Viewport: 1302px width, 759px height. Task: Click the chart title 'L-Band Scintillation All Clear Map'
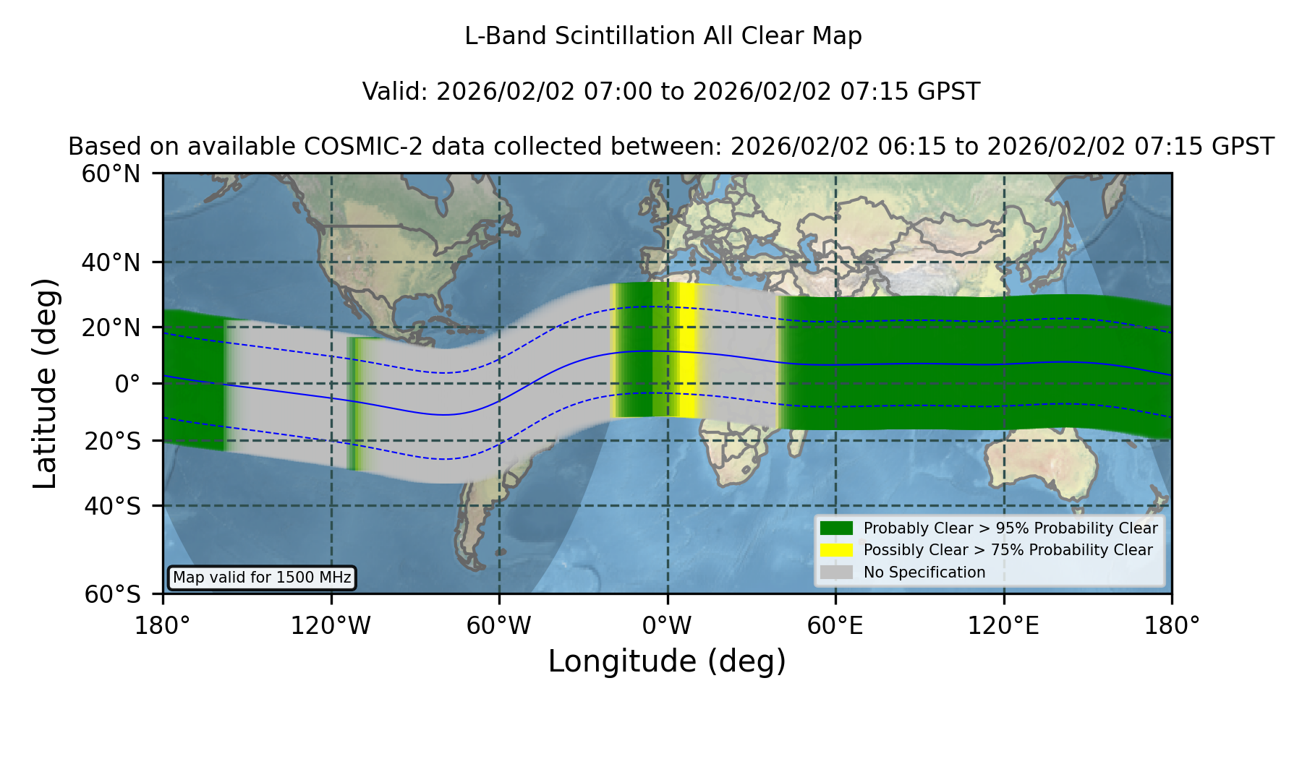click(663, 36)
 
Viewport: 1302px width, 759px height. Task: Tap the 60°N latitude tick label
click(111, 174)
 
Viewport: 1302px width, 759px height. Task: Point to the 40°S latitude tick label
click(112, 506)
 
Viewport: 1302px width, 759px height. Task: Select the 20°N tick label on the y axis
click(111, 327)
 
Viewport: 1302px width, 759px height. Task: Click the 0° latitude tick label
click(127, 384)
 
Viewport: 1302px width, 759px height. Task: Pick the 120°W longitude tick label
click(331, 625)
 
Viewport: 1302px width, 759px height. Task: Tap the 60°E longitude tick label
click(835, 625)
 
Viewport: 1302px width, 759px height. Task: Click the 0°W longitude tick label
click(667, 625)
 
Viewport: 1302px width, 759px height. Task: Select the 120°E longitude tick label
click(1003, 625)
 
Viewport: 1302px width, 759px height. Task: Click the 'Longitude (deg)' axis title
click(667, 661)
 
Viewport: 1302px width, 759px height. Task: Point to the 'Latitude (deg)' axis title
click(46, 383)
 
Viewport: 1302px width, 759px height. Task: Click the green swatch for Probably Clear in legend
click(836, 528)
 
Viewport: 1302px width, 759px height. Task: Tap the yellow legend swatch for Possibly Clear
click(836, 550)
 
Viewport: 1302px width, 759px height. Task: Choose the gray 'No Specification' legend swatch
click(836, 573)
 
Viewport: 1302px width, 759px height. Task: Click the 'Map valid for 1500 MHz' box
click(262, 578)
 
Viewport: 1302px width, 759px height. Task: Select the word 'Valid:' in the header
click(396, 92)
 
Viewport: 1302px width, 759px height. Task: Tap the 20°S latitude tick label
click(112, 441)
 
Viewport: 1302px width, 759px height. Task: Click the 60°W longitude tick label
click(499, 625)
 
